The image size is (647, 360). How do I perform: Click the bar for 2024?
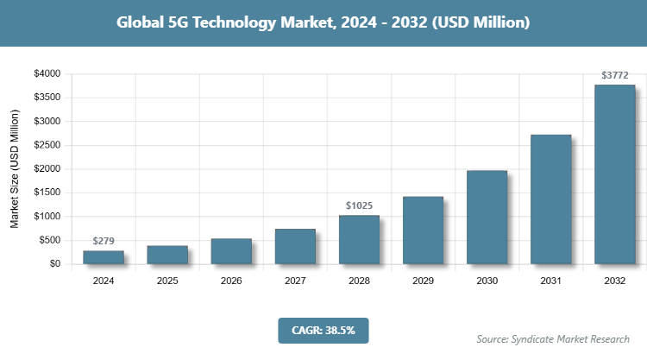pyautogui.click(x=104, y=256)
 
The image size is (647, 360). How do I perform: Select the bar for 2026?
pyautogui.click(x=231, y=250)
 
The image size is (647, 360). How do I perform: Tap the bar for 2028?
pyautogui.click(x=359, y=239)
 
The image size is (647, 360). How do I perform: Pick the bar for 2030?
pyautogui.click(x=487, y=217)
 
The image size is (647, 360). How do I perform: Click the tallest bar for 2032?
pyautogui.click(x=614, y=174)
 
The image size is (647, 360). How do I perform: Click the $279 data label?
pyautogui.click(x=104, y=241)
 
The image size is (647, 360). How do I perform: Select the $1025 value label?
pyautogui.click(x=359, y=205)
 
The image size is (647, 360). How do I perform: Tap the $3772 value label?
pyautogui.click(x=614, y=75)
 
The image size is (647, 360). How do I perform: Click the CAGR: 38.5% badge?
pyautogui.click(x=323, y=330)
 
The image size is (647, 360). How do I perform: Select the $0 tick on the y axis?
pyautogui.click(x=54, y=263)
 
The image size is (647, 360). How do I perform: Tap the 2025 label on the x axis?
pyautogui.click(x=167, y=281)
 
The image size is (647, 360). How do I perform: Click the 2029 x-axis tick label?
pyautogui.click(x=423, y=281)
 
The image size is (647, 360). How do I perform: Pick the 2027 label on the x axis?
pyautogui.click(x=295, y=281)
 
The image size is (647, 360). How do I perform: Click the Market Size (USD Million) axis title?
pyautogui.click(x=15, y=168)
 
